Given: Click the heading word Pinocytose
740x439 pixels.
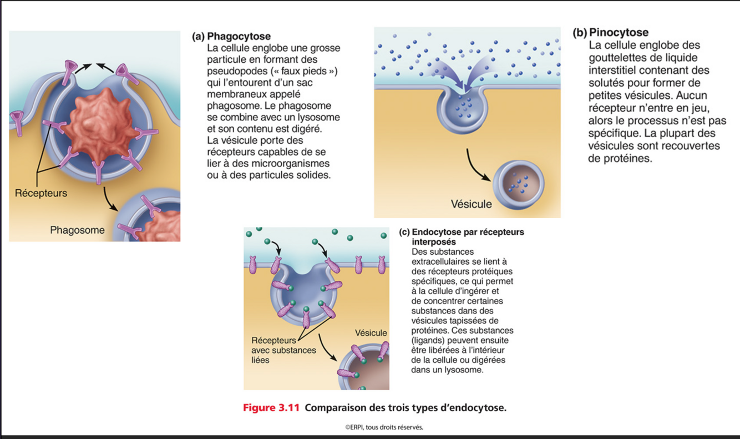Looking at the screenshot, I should coord(619,33).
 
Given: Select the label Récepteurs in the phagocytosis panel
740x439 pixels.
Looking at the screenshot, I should coord(41,193).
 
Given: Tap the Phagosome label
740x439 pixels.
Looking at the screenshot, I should coord(77,230).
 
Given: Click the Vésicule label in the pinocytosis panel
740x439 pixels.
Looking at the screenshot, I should coord(471,204).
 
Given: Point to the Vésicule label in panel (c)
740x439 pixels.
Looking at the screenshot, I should coord(371,333).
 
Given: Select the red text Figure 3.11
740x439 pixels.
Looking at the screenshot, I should coord(271,408).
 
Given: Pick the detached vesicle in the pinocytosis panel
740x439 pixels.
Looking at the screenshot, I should coord(519,183).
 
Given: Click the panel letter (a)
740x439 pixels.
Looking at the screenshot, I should coord(198,37).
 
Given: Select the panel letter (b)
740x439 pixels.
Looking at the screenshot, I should coord(580,33).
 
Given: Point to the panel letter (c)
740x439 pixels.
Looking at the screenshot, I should coord(404,232).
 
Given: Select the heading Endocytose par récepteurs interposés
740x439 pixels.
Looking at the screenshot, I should coord(468,237).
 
